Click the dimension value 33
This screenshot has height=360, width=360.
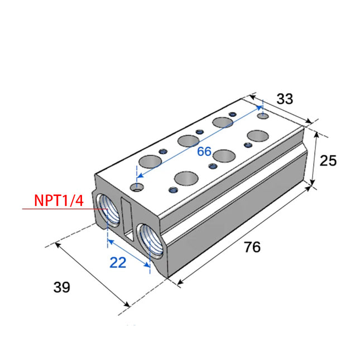point(285,99)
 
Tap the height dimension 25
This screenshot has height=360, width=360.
point(329,161)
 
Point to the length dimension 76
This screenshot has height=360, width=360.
point(252,247)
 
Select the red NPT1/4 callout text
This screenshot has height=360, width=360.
point(59,200)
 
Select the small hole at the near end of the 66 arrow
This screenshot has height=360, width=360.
point(135,187)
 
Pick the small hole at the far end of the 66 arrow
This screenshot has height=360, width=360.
point(263,117)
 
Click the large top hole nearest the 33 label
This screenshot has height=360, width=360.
point(258,136)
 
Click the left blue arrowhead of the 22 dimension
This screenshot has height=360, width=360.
point(109,241)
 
